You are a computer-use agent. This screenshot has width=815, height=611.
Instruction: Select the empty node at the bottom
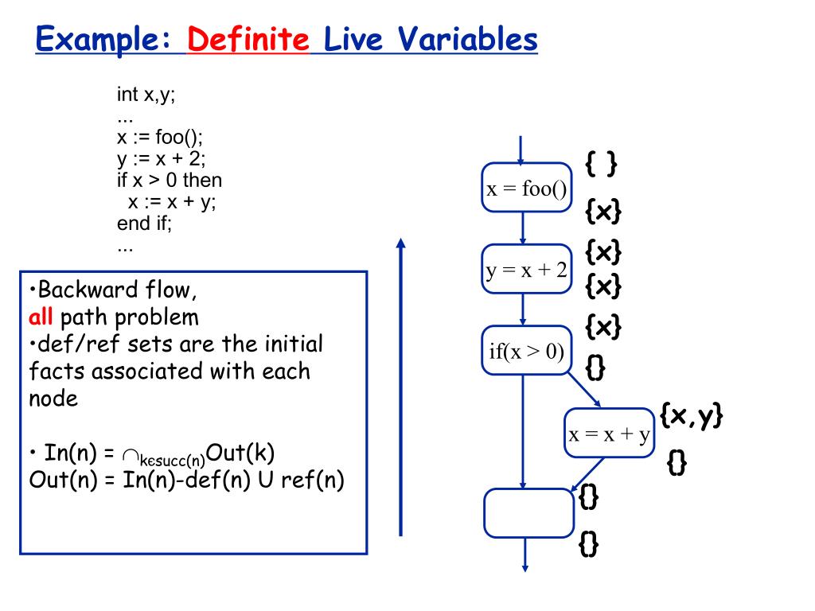[x=528, y=512]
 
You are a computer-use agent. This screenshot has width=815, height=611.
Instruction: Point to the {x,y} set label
[x=691, y=416]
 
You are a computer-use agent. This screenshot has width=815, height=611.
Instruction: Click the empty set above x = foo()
[x=601, y=165]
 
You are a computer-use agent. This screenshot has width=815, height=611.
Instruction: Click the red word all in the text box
[x=40, y=318]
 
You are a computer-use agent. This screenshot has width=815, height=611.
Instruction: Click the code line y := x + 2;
[x=161, y=158]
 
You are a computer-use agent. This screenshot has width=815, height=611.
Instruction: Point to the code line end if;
[x=144, y=224]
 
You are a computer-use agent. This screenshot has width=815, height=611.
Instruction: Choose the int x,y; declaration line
[x=146, y=95]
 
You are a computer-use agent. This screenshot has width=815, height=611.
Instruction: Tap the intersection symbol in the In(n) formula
[x=131, y=454]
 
